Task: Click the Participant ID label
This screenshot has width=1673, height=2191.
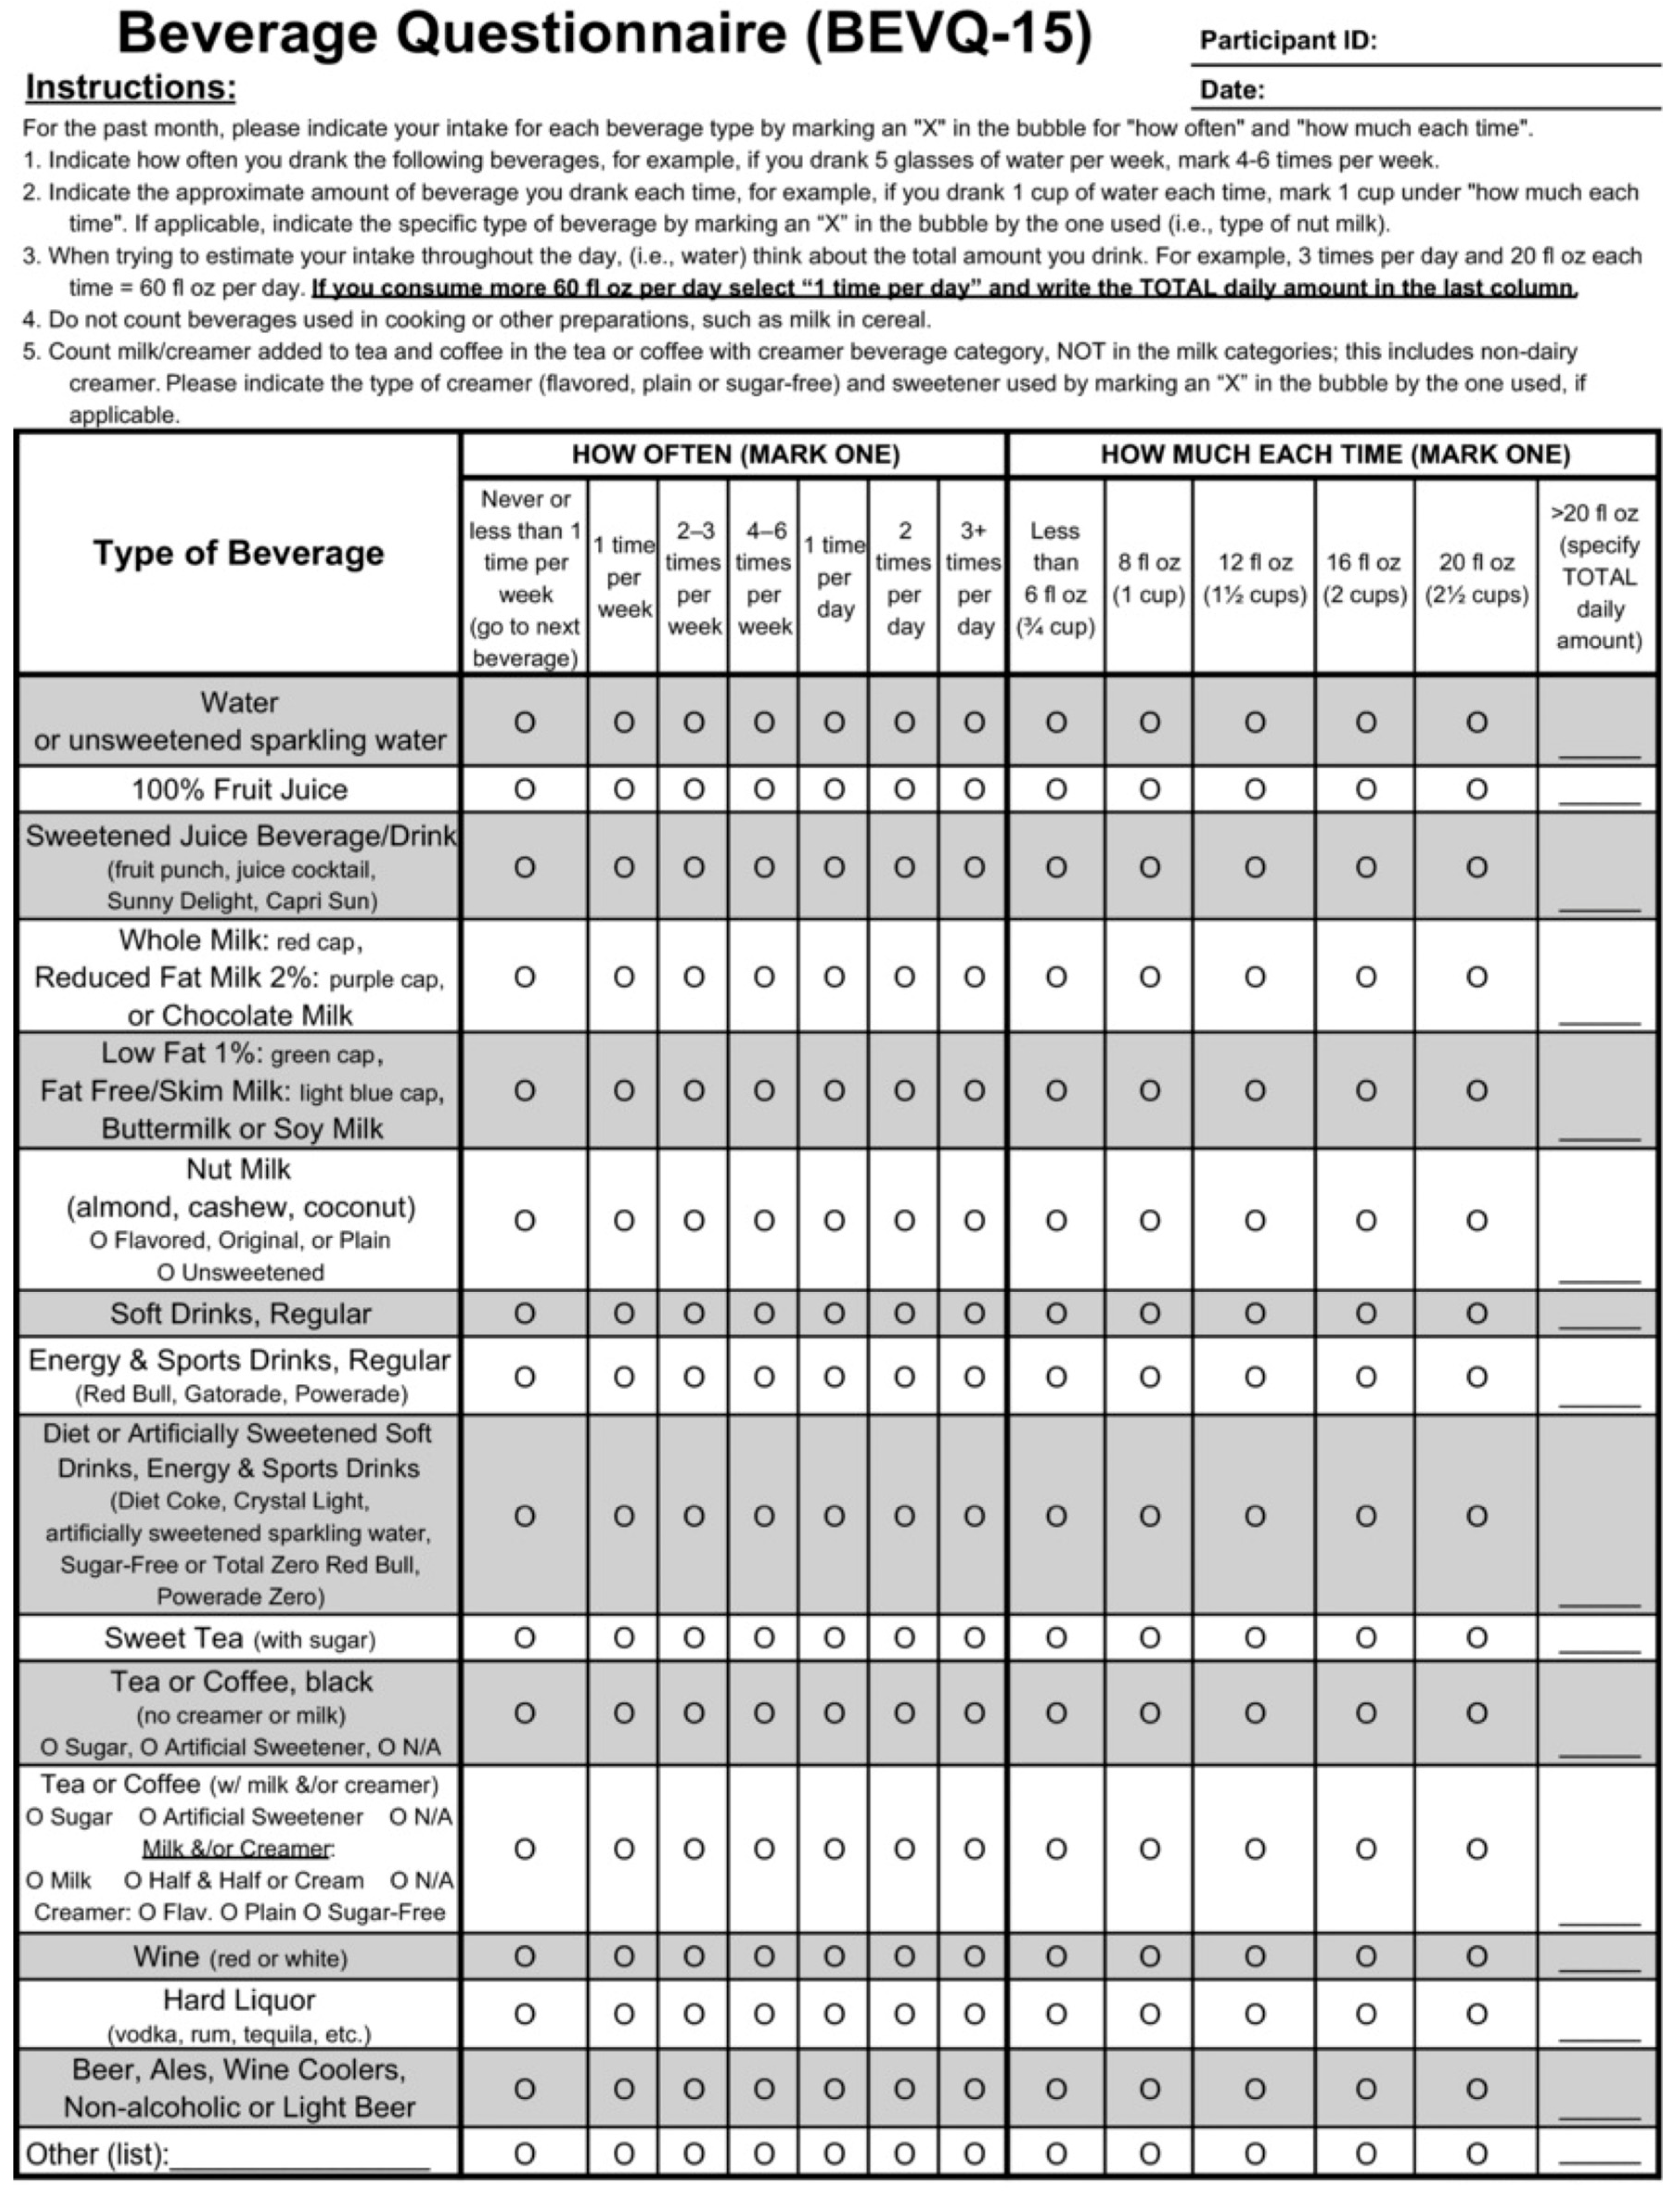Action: click(x=1288, y=41)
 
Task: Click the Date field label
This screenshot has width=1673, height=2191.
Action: click(x=1232, y=90)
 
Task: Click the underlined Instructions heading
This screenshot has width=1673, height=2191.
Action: click(x=130, y=88)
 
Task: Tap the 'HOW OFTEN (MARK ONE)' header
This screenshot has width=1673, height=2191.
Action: click(x=735, y=455)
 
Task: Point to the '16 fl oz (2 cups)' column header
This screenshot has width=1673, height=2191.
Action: click(x=1364, y=578)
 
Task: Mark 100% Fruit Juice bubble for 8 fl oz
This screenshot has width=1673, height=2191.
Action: click(x=1149, y=790)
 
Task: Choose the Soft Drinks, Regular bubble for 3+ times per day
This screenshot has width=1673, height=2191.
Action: click(x=974, y=1313)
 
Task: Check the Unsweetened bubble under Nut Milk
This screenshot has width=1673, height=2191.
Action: click(x=166, y=1273)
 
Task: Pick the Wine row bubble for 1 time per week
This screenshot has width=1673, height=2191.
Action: click(x=623, y=1957)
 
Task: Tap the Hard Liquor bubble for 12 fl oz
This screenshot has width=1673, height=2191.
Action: click(x=1255, y=2014)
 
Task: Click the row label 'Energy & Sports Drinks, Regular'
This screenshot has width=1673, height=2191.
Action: click(x=239, y=1360)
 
